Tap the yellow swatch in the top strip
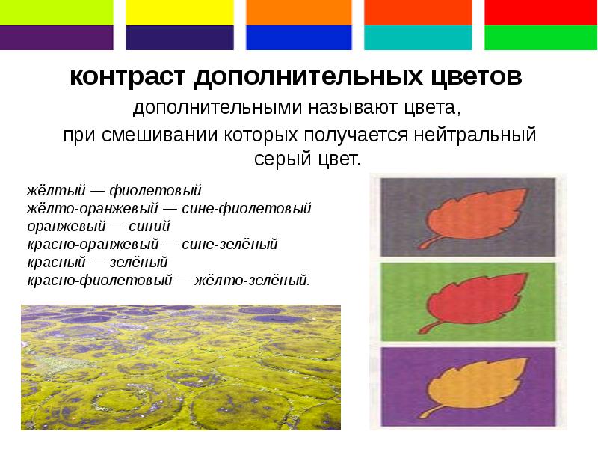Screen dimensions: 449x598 tap(179, 12)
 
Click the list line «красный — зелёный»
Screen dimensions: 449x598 tap(97, 262)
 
